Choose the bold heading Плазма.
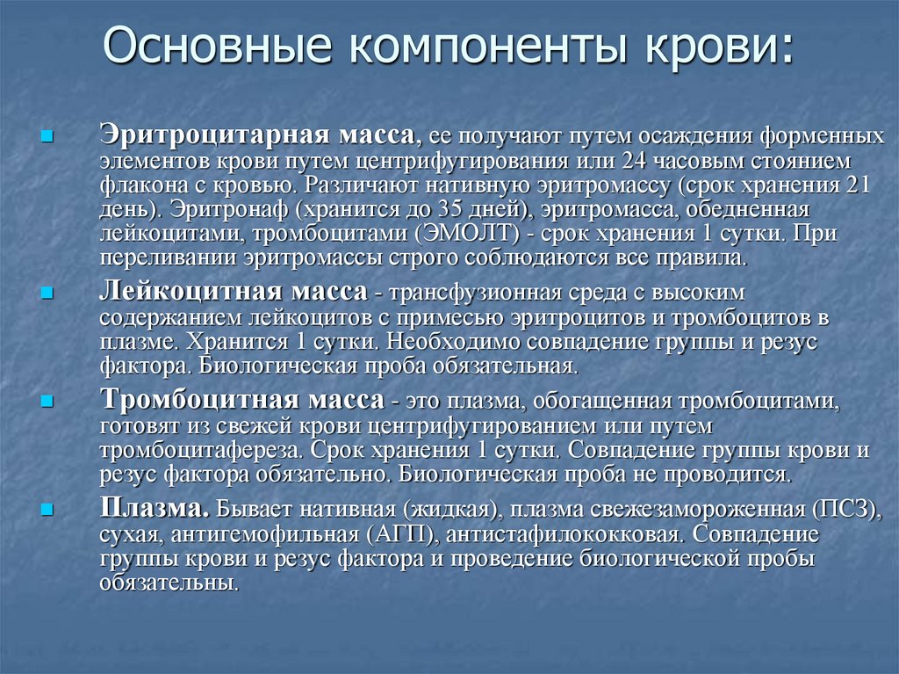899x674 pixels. pos(155,509)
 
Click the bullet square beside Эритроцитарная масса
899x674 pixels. pos(47,137)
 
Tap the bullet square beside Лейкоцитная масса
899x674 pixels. pos(47,291)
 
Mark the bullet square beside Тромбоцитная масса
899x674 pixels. pos(47,401)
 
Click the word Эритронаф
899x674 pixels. pos(223,210)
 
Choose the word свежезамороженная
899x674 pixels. pos(671,511)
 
